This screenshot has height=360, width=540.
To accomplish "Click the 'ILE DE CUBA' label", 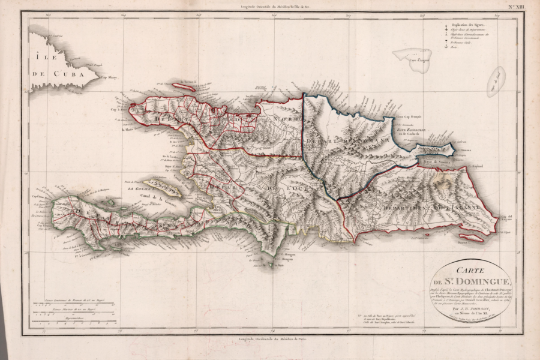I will [54, 67].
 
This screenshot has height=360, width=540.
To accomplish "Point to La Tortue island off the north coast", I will [184, 87].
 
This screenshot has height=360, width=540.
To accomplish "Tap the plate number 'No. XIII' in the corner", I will [515, 7].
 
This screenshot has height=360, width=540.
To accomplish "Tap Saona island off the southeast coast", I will [471, 238].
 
